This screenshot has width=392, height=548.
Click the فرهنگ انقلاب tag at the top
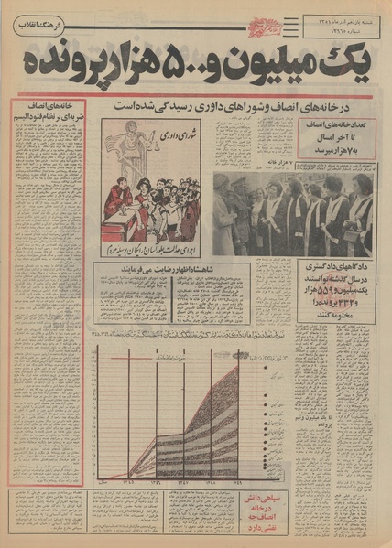(x=38, y=25)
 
